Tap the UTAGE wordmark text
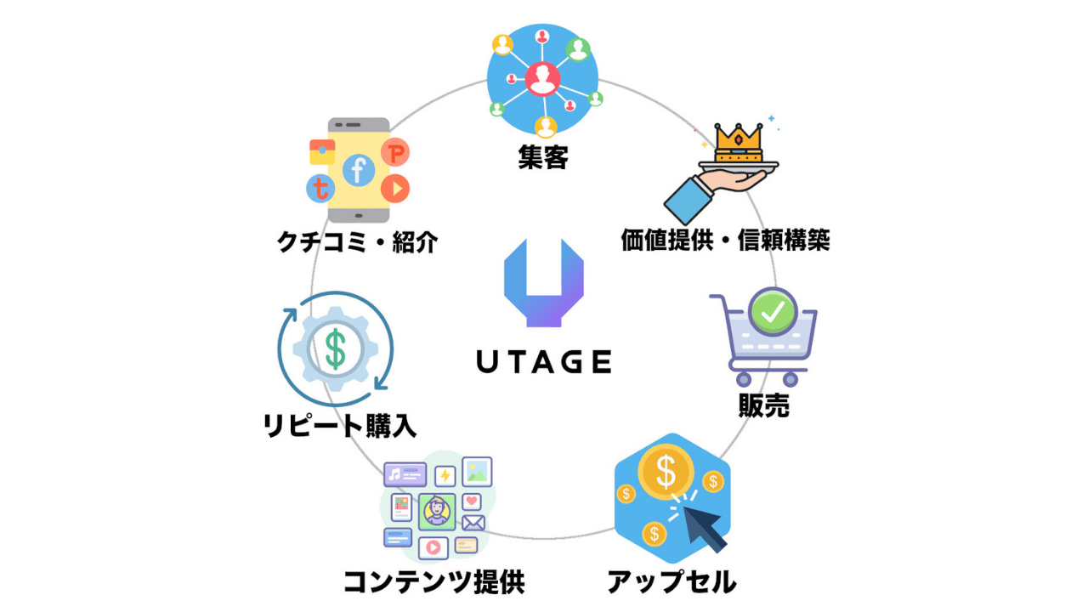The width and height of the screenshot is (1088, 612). coord(543,362)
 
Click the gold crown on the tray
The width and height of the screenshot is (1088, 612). coord(738,141)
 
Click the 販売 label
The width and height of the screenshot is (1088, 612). coord(763,405)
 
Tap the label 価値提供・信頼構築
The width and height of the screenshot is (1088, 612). coord(725,241)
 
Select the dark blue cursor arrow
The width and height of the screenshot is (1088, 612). coord(703,524)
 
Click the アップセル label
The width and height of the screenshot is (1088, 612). coord(671,582)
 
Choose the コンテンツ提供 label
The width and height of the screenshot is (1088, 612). coord(433,582)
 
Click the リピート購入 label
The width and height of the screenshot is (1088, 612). coord(340,424)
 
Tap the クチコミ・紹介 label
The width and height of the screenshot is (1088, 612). coord(357,243)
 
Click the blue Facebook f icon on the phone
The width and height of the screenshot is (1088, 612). coord(358,171)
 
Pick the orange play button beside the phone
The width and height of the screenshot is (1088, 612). coord(395,188)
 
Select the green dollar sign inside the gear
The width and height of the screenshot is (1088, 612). coord(336,348)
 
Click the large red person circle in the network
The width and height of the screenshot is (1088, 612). coord(541,79)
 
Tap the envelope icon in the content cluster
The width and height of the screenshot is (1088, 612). coord(473,523)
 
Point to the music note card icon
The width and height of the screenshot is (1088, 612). coord(405,474)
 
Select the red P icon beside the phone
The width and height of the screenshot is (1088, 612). coord(395,153)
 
